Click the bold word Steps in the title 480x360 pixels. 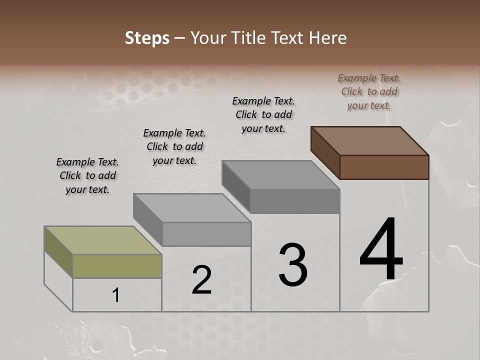tap(147, 38)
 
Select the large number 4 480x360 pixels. tap(381, 250)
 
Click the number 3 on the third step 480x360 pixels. tap(293, 264)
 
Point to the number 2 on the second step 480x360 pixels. tap(201, 280)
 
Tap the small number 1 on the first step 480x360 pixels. tap(116, 295)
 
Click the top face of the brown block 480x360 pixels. tap(369, 141)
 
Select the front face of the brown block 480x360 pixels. tap(384, 167)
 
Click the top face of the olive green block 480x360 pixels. tap(103, 240)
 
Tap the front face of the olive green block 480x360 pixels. tap(117, 266)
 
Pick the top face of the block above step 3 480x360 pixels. tap(280, 175)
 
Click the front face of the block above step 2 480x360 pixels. tap(206, 234)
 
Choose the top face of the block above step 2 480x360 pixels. tap(192, 207)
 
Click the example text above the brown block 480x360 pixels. tap(369, 91)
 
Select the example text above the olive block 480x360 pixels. tap(87, 175)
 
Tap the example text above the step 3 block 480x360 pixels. tap(263, 114)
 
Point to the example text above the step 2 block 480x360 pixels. tap(174, 146)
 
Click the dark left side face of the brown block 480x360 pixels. tap(325, 152)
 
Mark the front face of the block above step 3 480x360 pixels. tap(294, 201)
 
